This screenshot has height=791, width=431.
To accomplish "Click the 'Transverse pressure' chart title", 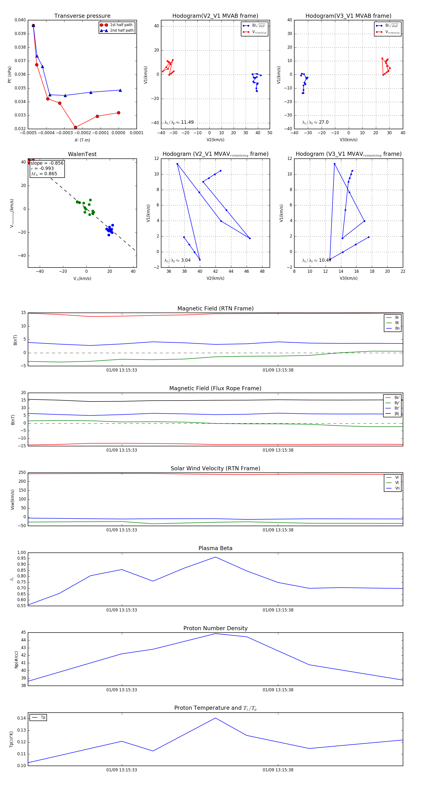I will pos(82,16).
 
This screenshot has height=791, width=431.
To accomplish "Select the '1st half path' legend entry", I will pos(121,25).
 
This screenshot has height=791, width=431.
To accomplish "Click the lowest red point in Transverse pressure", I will pos(75,128).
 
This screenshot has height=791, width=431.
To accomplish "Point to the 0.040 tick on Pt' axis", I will pos(20,20).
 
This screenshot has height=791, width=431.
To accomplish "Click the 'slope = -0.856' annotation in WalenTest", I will pos(47,163).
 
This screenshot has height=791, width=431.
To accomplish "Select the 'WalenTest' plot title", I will pos(82,154).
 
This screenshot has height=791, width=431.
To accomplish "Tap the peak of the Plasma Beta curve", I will pos(215,557).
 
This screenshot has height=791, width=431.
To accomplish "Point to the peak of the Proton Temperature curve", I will pos(215,718).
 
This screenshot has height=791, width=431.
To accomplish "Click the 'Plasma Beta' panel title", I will pos(215,548).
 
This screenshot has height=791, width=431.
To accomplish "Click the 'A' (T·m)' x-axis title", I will pos(82,140).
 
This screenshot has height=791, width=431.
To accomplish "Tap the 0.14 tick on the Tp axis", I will pos(22,718).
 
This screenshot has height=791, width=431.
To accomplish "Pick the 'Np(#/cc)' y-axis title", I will pos(16,660).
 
